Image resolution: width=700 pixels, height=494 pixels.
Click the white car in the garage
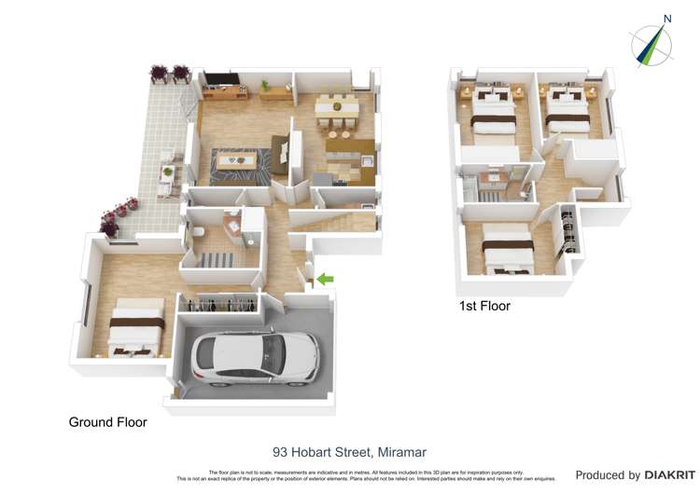point(254,358)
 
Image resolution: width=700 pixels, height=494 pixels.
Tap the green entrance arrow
point(324,278)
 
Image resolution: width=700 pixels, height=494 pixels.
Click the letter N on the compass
point(666,18)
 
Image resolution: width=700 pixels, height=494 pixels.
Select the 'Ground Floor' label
point(107,422)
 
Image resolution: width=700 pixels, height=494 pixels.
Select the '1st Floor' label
point(483,306)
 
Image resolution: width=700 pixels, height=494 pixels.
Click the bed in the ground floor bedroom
point(136,325)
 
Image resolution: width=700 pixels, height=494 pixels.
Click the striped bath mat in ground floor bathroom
point(217,259)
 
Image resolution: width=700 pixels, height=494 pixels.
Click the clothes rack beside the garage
point(220,305)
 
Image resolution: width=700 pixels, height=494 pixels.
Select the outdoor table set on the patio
point(168,178)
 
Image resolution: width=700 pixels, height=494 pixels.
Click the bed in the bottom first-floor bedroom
point(506,250)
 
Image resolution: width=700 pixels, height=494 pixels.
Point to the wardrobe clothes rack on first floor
point(566,234)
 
